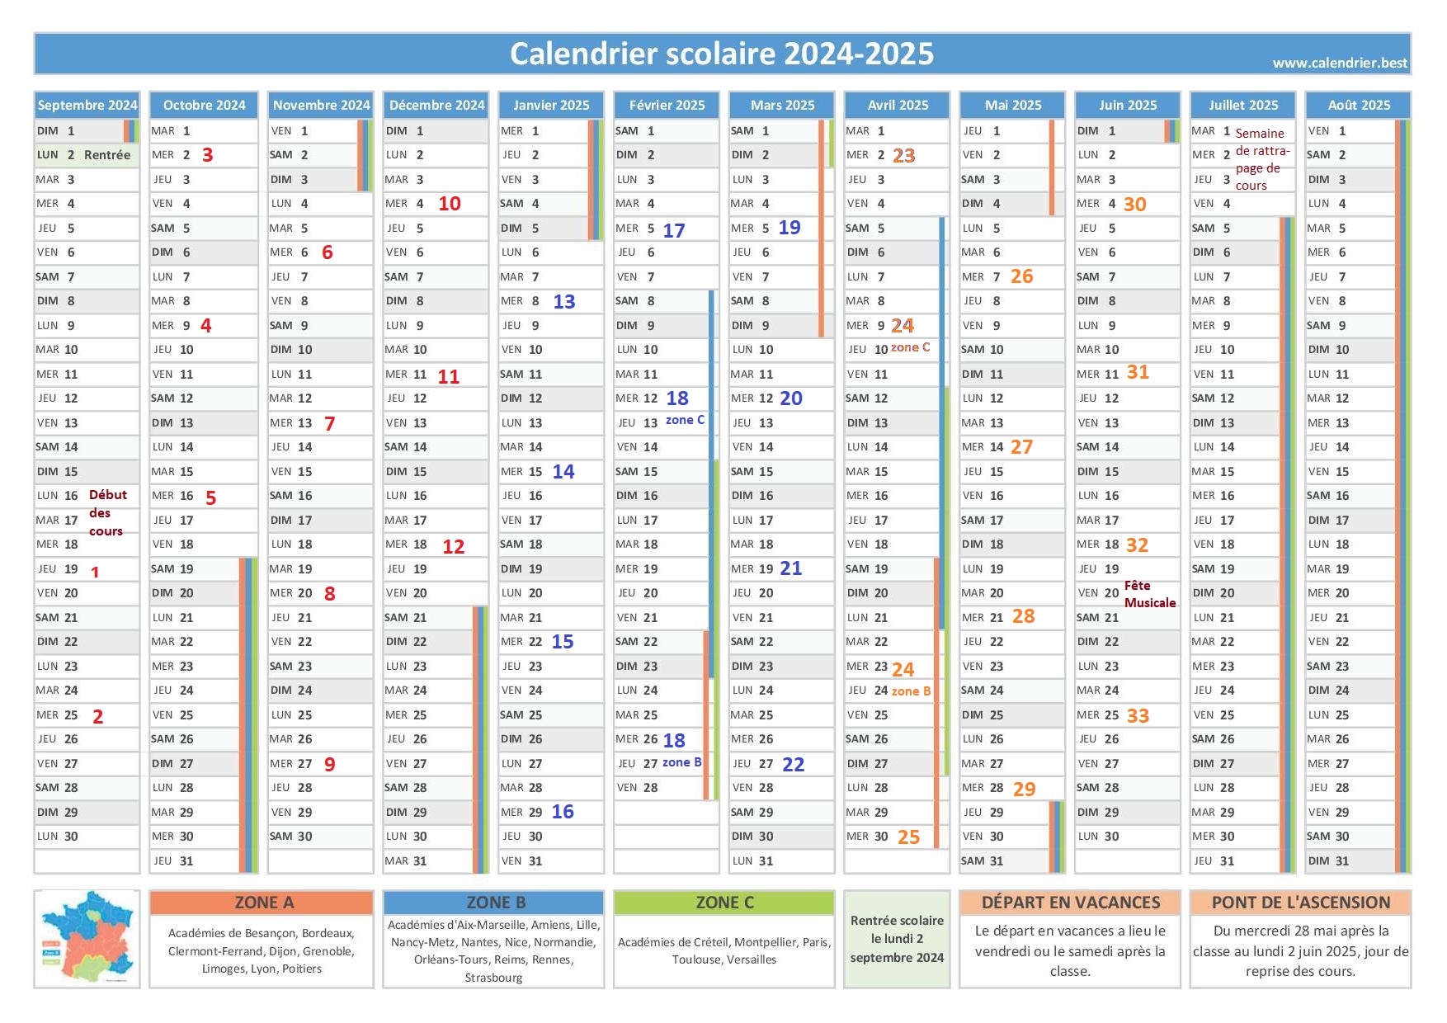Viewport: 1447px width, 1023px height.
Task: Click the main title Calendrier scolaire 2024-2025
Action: tap(722, 54)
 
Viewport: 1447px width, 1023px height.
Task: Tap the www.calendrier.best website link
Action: tap(1340, 63)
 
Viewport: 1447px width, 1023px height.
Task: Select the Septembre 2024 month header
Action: tap(87, 105)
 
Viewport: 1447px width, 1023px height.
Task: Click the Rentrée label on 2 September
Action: tap(107, 155)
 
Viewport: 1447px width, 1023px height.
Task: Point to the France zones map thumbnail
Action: tap(87, 937)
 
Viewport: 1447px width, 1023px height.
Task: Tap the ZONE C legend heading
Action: tap(724, 903)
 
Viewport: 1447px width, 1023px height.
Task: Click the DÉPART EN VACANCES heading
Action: tap(1070, 903)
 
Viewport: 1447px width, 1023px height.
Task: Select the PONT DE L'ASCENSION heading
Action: tap(1300, 903)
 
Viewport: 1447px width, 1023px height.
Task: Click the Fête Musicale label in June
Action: tap(1149, 594)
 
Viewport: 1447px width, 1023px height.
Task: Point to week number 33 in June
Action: tap(1138, 715)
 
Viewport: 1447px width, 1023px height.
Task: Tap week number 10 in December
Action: tap(449, 204)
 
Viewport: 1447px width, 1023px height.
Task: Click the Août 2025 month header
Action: tap(1359, 105)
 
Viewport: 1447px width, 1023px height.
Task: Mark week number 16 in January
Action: tap(563, 812)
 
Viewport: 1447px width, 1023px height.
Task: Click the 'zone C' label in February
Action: tap(685, 420)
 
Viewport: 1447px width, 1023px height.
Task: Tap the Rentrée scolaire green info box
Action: tap(897, 939)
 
